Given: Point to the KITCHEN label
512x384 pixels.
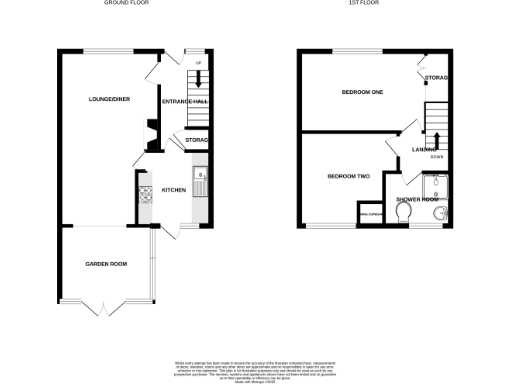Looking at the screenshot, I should (x=174, y=189).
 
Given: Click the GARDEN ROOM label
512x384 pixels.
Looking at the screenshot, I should (x=105, y=264).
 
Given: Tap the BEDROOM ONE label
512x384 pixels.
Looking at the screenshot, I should (x=363, y=93).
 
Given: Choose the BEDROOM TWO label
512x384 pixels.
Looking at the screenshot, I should (x=349, y=177).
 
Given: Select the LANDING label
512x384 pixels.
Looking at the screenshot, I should (x=423, y=150).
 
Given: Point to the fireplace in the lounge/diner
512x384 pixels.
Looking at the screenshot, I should (x=148, y=135).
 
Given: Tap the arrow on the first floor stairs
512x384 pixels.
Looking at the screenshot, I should (x=436, y=137).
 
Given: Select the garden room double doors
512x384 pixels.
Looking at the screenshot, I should (x=106, y=308).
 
